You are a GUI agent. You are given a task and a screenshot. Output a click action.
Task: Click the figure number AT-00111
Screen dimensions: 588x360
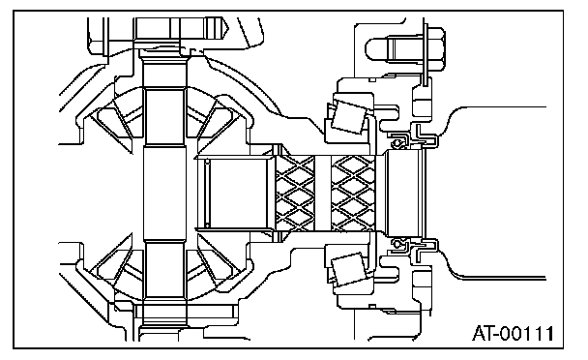pyautogui.click(x=513, y=333)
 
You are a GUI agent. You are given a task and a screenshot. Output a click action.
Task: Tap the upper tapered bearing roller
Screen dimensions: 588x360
pyautogui.click(x=348, y=117)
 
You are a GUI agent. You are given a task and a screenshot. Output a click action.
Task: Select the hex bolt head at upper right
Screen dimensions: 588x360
pyautogui.click(x=436, y=48)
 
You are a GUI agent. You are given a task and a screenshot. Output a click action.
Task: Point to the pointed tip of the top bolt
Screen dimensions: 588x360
pyautogui.click(x=227, y=27)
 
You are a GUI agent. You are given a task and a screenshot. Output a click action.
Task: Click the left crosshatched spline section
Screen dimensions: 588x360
pyautogui.click(x=295, y=193)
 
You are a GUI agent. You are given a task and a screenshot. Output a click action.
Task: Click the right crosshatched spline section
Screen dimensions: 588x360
pyautogui.click(x=353, y=193)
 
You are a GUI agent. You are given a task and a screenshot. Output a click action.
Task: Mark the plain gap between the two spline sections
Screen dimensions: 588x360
pyautogui.click(x=323, y=193)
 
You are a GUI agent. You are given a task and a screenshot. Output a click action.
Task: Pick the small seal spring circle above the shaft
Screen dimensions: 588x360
pyautogui.click(x=395, y=143)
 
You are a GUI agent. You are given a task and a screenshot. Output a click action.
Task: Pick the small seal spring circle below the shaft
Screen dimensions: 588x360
pyautogui.click(x=395, y=243)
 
